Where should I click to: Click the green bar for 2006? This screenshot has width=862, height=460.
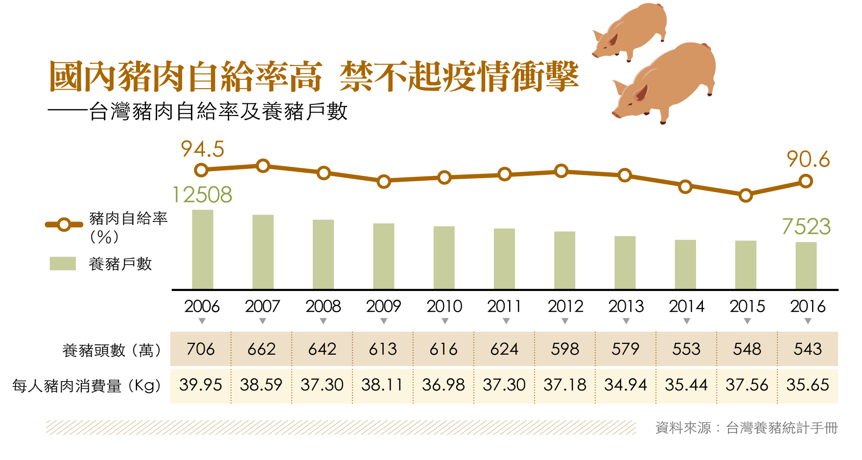(202, 249)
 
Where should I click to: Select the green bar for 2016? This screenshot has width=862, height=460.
(806, 266)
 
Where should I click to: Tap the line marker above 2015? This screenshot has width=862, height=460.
(746, 195)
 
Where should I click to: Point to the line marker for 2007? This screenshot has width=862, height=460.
(263, 166)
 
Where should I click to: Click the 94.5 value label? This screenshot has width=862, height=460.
(202, 149)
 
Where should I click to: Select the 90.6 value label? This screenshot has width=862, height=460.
(808, 160)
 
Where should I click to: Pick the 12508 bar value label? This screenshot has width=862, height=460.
(202, 195)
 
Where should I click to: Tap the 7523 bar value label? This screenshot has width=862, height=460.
(806, 227)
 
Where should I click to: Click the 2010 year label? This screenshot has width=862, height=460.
(444, 307)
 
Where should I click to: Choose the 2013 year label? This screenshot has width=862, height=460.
(626, 307)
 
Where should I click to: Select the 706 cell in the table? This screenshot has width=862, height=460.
(201, 349)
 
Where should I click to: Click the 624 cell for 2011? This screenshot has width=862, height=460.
(504, 349)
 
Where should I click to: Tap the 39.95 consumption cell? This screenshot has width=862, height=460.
(201, 385)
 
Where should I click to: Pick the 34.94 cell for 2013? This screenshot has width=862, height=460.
(626, 385)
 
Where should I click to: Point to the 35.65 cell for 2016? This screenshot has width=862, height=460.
(808, 385)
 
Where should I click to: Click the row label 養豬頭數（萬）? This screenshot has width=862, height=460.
(112, 350)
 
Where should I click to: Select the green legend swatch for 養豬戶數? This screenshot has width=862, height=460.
(63, 264)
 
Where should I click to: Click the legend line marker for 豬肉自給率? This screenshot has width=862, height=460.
(64, 225)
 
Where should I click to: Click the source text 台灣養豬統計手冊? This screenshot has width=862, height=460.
(782, 428)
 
